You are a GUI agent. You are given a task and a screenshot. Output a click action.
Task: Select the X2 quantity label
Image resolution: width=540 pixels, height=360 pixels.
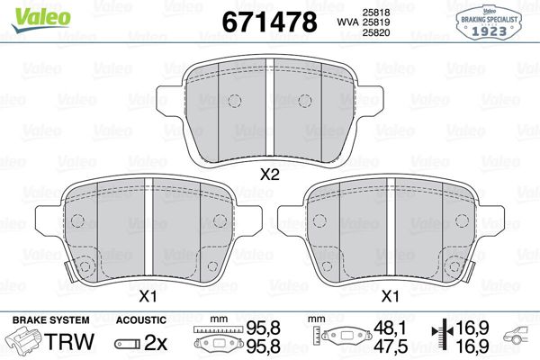[x=269, y=175]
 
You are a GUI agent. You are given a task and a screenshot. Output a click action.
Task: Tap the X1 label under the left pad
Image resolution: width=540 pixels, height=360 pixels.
[x=148, y=295]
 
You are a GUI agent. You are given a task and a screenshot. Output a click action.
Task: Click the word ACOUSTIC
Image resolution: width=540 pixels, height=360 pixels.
[x=141, y=320]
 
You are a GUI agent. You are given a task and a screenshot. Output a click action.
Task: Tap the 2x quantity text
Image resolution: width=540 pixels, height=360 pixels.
[x=157, y=343]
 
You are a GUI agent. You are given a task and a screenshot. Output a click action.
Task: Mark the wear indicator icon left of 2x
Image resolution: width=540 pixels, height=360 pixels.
[x=127, y=344]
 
